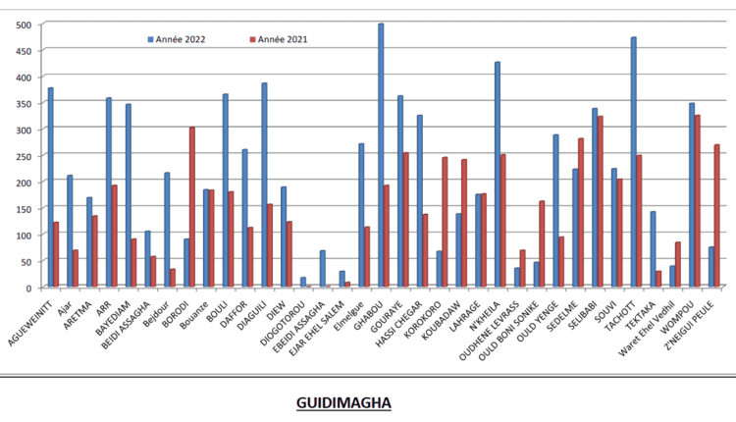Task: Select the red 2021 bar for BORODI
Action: [192, 207]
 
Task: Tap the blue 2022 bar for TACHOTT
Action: [634, 162]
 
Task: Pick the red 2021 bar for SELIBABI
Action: [601, 201]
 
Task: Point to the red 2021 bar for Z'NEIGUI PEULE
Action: [717, 216]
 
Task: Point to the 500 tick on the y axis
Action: [25, 25]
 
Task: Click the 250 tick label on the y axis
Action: [25, 156]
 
